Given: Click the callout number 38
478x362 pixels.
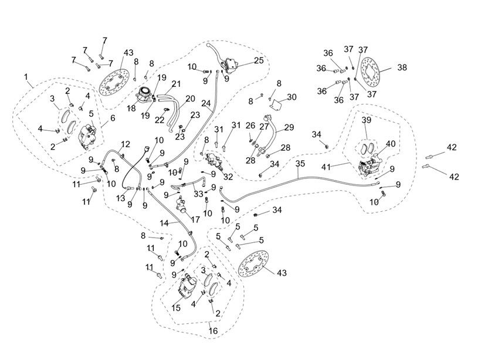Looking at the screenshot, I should point(402,67).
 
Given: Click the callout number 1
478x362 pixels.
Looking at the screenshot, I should point(26,76).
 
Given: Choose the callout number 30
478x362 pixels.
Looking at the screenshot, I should point(291,97).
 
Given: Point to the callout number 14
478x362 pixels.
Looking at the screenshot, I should point(165,224).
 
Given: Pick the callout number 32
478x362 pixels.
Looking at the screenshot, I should point(228,176).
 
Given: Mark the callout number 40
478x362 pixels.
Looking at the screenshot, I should point(390,144).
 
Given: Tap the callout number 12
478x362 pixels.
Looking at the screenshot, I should point(126,144).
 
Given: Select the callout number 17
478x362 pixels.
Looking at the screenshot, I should point(195,219).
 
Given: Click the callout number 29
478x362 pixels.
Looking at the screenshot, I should point(289,127).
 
